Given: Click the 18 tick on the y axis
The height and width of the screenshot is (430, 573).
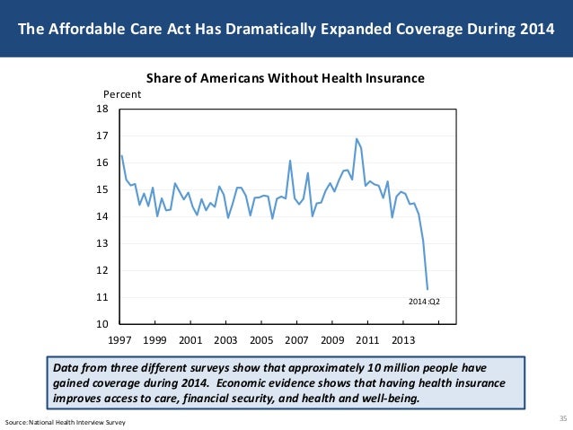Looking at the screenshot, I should pos(101,109).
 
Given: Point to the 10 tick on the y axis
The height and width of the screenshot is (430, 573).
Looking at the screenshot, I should pos(101,324).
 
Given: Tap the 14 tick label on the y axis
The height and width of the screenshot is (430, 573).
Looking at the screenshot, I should pos(101,216).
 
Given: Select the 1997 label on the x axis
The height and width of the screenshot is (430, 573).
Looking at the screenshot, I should pos(119,341).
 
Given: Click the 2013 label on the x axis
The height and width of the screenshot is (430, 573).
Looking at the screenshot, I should pos(403,341).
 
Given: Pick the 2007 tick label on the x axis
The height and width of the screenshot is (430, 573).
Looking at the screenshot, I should pos(296,341).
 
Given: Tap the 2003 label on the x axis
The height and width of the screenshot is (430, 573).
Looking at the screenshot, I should pos(225,341).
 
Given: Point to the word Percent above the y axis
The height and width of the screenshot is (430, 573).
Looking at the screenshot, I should pos(122,94).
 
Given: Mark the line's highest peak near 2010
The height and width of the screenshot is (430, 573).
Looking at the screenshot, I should pos(357,138).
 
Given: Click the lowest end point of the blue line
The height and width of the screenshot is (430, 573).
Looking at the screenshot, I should pos(428,289).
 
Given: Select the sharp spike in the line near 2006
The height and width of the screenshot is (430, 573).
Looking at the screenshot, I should pos(290,161).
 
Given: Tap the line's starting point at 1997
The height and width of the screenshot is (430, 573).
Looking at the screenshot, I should pos(121,155).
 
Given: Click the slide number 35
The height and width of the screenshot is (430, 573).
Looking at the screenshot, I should pos(562,418).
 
